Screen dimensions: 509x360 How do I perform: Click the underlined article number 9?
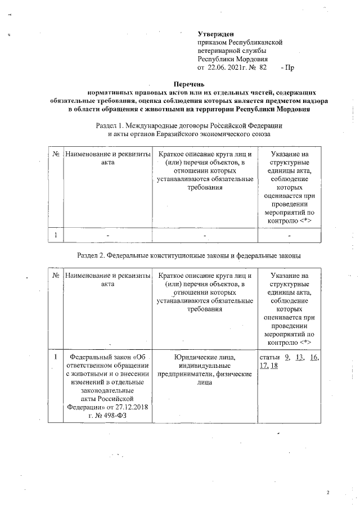point(288,357)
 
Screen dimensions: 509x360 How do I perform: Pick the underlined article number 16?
point(314,357)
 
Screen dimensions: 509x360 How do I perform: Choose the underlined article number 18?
point(274,366)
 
